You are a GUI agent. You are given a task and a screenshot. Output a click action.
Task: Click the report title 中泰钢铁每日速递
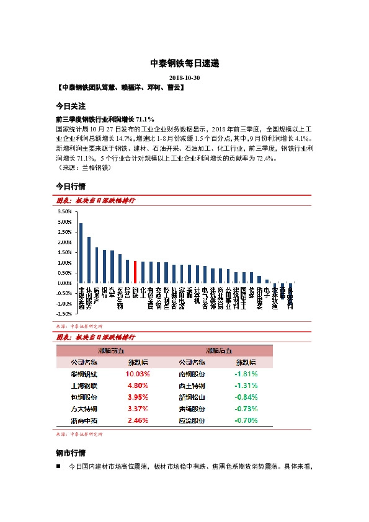coord(184,64)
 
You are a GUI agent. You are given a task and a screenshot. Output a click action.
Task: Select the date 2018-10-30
coord(184,78)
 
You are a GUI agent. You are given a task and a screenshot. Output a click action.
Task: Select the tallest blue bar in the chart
coord(81,253)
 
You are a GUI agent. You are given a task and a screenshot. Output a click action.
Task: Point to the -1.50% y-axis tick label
coord(64,314)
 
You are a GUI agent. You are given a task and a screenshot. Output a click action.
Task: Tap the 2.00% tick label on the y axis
coord(64,242)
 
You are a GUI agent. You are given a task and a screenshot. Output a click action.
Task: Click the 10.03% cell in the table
coord(138,374)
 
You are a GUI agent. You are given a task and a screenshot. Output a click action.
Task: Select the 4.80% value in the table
coord(138,385)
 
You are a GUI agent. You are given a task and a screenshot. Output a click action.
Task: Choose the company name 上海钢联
coord(85,385)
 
